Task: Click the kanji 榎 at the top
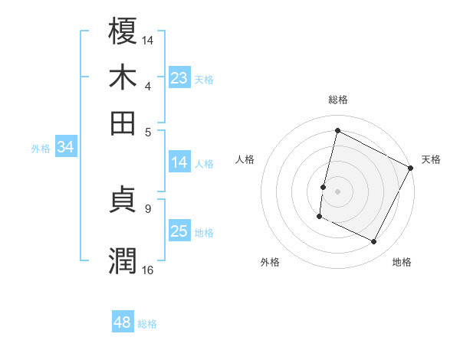123,31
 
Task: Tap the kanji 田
123,122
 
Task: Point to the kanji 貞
123,201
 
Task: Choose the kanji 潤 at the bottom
123,260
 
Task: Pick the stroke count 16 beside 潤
148,270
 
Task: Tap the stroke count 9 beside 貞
148,208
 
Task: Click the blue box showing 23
179,77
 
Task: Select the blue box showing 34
65,148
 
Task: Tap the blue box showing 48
122,322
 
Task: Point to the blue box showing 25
179,231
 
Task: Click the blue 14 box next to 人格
179,162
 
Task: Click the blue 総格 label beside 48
147,324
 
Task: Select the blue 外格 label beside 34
41,149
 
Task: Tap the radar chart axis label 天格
431,159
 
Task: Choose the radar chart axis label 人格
245,159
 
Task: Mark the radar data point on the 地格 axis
374,242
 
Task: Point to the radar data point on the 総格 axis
337,130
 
